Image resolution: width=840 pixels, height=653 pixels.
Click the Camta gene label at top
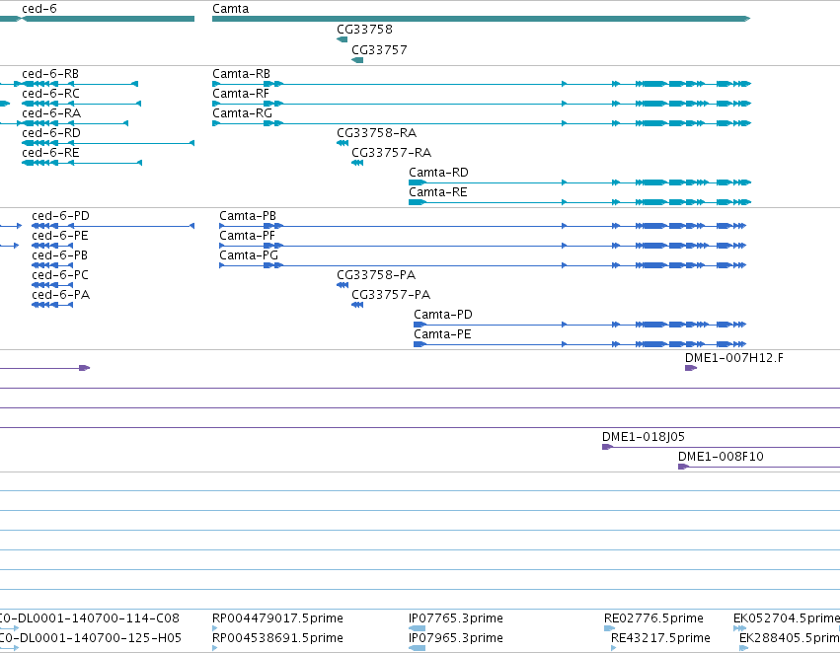pos(230,9)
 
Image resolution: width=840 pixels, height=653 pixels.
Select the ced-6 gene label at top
pos(39,9)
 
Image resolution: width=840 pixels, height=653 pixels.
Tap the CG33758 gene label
pos(364,30)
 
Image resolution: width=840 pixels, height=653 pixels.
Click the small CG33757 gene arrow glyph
pos(357,60)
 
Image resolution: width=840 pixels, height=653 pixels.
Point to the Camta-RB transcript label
pos(241,74)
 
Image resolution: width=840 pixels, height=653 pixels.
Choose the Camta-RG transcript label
pos(242,113)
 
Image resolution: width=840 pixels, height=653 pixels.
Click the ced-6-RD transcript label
pos(51,133)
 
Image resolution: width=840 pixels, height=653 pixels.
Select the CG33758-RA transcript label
pos(377,133)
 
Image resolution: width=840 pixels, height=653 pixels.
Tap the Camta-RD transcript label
pos(438,173)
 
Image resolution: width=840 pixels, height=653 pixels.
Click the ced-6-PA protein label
pos(60,295)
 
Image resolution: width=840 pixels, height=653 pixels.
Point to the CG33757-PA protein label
pos(391,295)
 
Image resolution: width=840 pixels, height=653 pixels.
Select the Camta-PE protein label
pos(442,334)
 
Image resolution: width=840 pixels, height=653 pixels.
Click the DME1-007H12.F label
pos(734,358)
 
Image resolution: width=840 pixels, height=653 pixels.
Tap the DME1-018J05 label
pos(644,437)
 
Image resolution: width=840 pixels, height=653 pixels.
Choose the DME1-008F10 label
pos(721,457)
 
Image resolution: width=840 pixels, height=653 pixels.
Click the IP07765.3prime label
pos(456,618)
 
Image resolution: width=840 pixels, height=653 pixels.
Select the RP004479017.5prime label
pos(277,618)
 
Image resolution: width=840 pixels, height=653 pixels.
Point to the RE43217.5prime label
pos(660,638)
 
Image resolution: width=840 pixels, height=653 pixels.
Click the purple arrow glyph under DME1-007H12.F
pos(691,368)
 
